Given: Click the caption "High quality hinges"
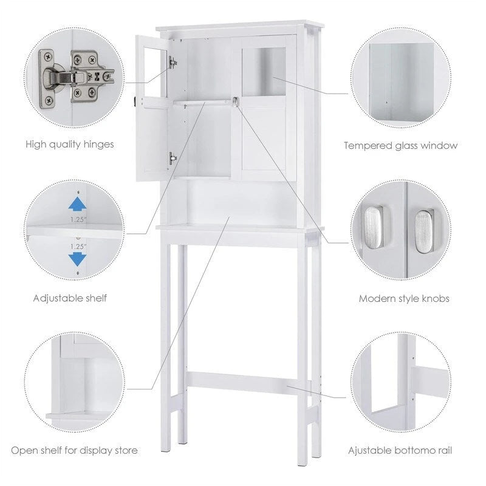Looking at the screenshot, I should (70, 145).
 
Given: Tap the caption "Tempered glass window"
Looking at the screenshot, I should (400, 146).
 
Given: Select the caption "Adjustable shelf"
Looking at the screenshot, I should (71, 298).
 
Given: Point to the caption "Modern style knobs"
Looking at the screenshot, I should (404, 298).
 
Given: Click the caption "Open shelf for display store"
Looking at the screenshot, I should (74, 451).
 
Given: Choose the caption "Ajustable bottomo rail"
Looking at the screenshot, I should (400, 451).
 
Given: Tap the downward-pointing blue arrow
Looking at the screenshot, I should (76, 259).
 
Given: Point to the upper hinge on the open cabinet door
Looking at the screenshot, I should (173, 62).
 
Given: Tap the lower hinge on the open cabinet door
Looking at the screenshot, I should (173, 158).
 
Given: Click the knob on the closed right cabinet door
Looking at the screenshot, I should (234, 101).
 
